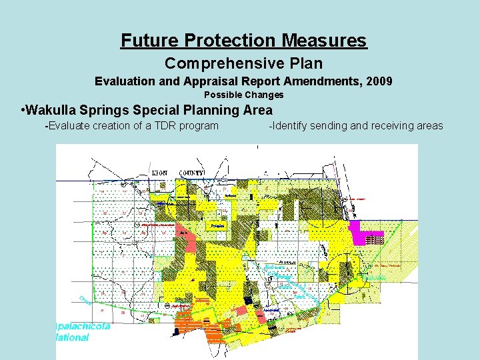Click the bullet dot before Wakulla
point(23,110)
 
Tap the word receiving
point(387,125)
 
